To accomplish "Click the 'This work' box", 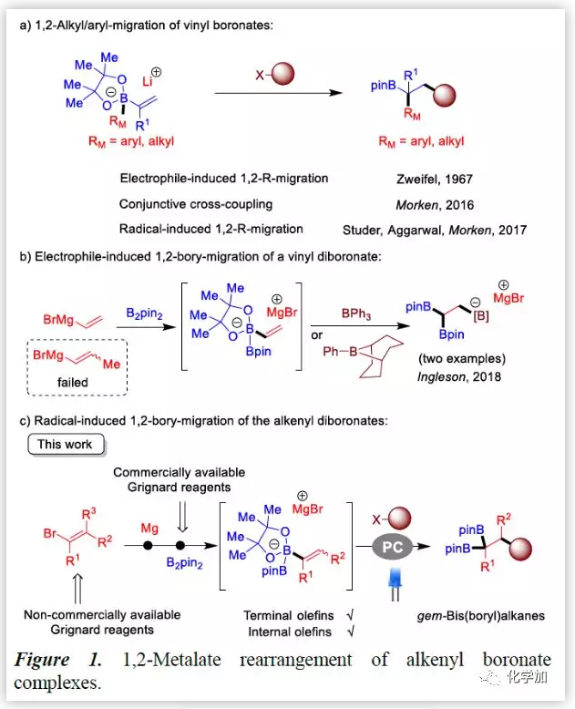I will pos(66,445).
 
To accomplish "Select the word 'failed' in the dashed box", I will pos(72,383).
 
